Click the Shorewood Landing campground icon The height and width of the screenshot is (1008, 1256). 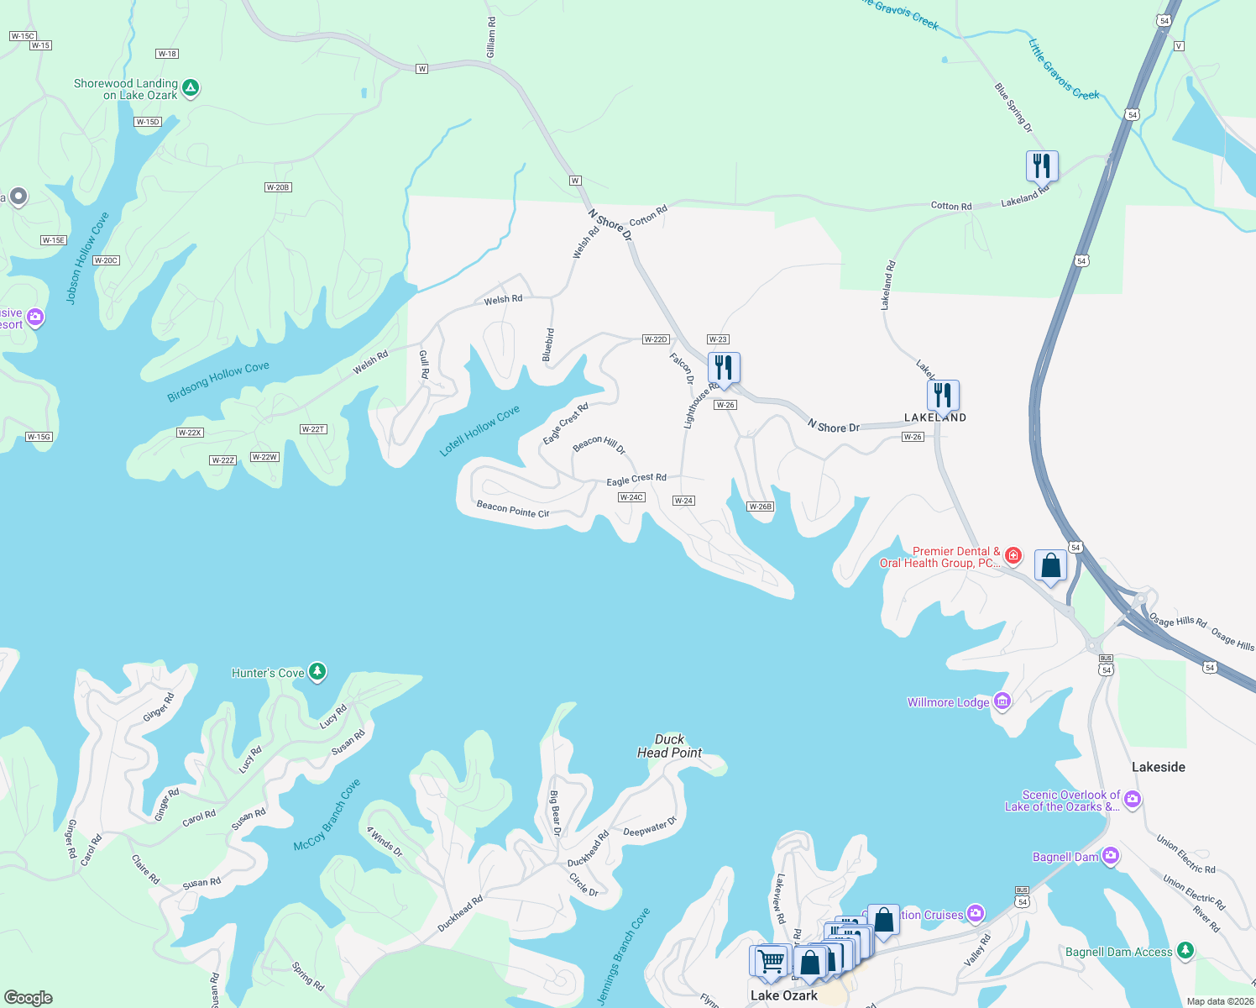point(191,87)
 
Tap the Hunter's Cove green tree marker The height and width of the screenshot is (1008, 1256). point(317,671)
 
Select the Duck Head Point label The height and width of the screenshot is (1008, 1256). point(669,746)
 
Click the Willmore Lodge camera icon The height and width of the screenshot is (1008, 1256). point(1002,701)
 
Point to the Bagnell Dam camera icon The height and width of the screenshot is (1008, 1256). point(1111,856)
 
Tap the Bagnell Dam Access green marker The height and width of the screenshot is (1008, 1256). point(1185,950)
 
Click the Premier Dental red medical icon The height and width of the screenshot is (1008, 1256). point(1013,555)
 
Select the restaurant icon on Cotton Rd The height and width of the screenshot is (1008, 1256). point(1042,166)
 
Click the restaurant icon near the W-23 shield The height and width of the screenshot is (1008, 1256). point(724,368)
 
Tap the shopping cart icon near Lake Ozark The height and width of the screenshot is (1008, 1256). point(770,960)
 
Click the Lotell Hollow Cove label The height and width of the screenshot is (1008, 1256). point(479,431)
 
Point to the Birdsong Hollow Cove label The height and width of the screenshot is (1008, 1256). point(218,381)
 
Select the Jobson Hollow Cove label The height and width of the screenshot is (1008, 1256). point(87,257)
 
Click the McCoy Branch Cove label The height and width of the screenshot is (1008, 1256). point(327,815)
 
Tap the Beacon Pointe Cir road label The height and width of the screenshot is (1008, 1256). point(512,509)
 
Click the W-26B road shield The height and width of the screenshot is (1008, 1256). point(760,507)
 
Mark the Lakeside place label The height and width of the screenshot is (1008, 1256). point(1158,767)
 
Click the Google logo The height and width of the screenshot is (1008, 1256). point(29,997)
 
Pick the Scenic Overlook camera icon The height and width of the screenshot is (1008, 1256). point(1133,799)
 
